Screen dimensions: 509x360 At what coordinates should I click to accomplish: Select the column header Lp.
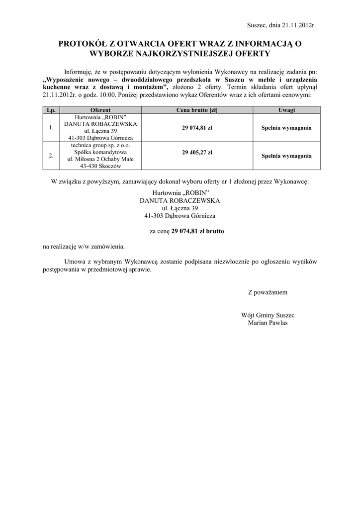coord(51,110)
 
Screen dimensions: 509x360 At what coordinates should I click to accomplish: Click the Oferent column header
coord(100,110)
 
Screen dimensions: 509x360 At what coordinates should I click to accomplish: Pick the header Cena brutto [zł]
coord(197,110)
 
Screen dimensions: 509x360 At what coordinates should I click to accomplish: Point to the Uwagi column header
coord(286,110)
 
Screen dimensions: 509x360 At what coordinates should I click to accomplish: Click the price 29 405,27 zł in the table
coord(197,152)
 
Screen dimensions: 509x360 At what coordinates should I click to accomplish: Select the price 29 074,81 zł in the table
coord(197,127)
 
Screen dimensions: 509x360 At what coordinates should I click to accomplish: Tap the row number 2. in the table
coord(51,156)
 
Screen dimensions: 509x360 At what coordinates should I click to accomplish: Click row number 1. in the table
coord(51,128)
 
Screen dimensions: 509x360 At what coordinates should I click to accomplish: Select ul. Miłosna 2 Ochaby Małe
coord(100,159)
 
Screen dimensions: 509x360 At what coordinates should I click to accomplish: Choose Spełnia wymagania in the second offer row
coord(286,156)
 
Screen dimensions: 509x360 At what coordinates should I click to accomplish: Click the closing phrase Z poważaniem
coord(268,292)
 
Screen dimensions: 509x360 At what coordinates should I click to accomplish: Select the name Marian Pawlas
coord(268,322)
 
